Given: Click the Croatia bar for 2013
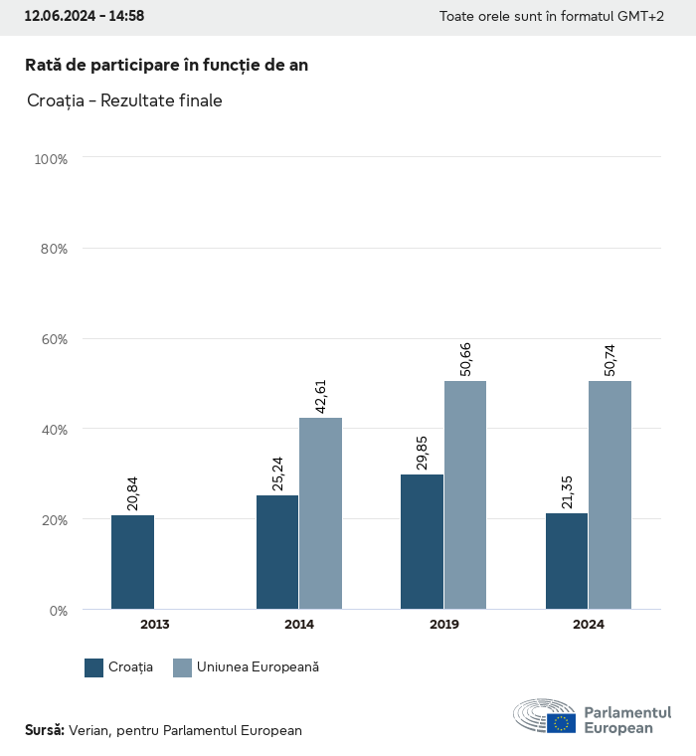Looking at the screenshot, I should pyautogui.click(x=132, y=562).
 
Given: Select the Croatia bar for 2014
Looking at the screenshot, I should pyautogui.click(x=277, y=552).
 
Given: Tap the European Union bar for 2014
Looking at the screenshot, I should pyautogui.click(x=321, y=513).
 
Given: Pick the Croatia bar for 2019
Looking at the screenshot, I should pyautogui.click(x=423, y=542).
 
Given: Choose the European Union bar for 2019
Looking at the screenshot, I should pyautogui.click(x=465, y=495).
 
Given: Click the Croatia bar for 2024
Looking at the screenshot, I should pyautogui.click(x=567, y=561).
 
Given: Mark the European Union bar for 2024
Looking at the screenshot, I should pyautogui.click(x=609, y=495).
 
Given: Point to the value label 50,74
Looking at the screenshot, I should pyautogui.click(x=610, y=355).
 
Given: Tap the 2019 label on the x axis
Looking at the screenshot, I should pyautogui.click(x=443, y=625).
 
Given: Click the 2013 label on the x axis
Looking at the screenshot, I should pyautogui.click(x=154, y=625).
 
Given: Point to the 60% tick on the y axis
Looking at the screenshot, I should pyautogui.click(x=52, y=339).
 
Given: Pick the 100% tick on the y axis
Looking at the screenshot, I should pyautogui.click(x=50, y=159).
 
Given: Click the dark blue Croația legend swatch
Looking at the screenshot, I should pyautogui.click(x=94, y=667).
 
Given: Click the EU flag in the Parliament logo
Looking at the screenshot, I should pyautogui.click(x=561, y=723).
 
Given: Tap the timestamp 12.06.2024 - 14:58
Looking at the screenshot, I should pyautogui.click(x=84, y=16).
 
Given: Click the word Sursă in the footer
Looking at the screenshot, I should pyautogui.click(x=44, y=730).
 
